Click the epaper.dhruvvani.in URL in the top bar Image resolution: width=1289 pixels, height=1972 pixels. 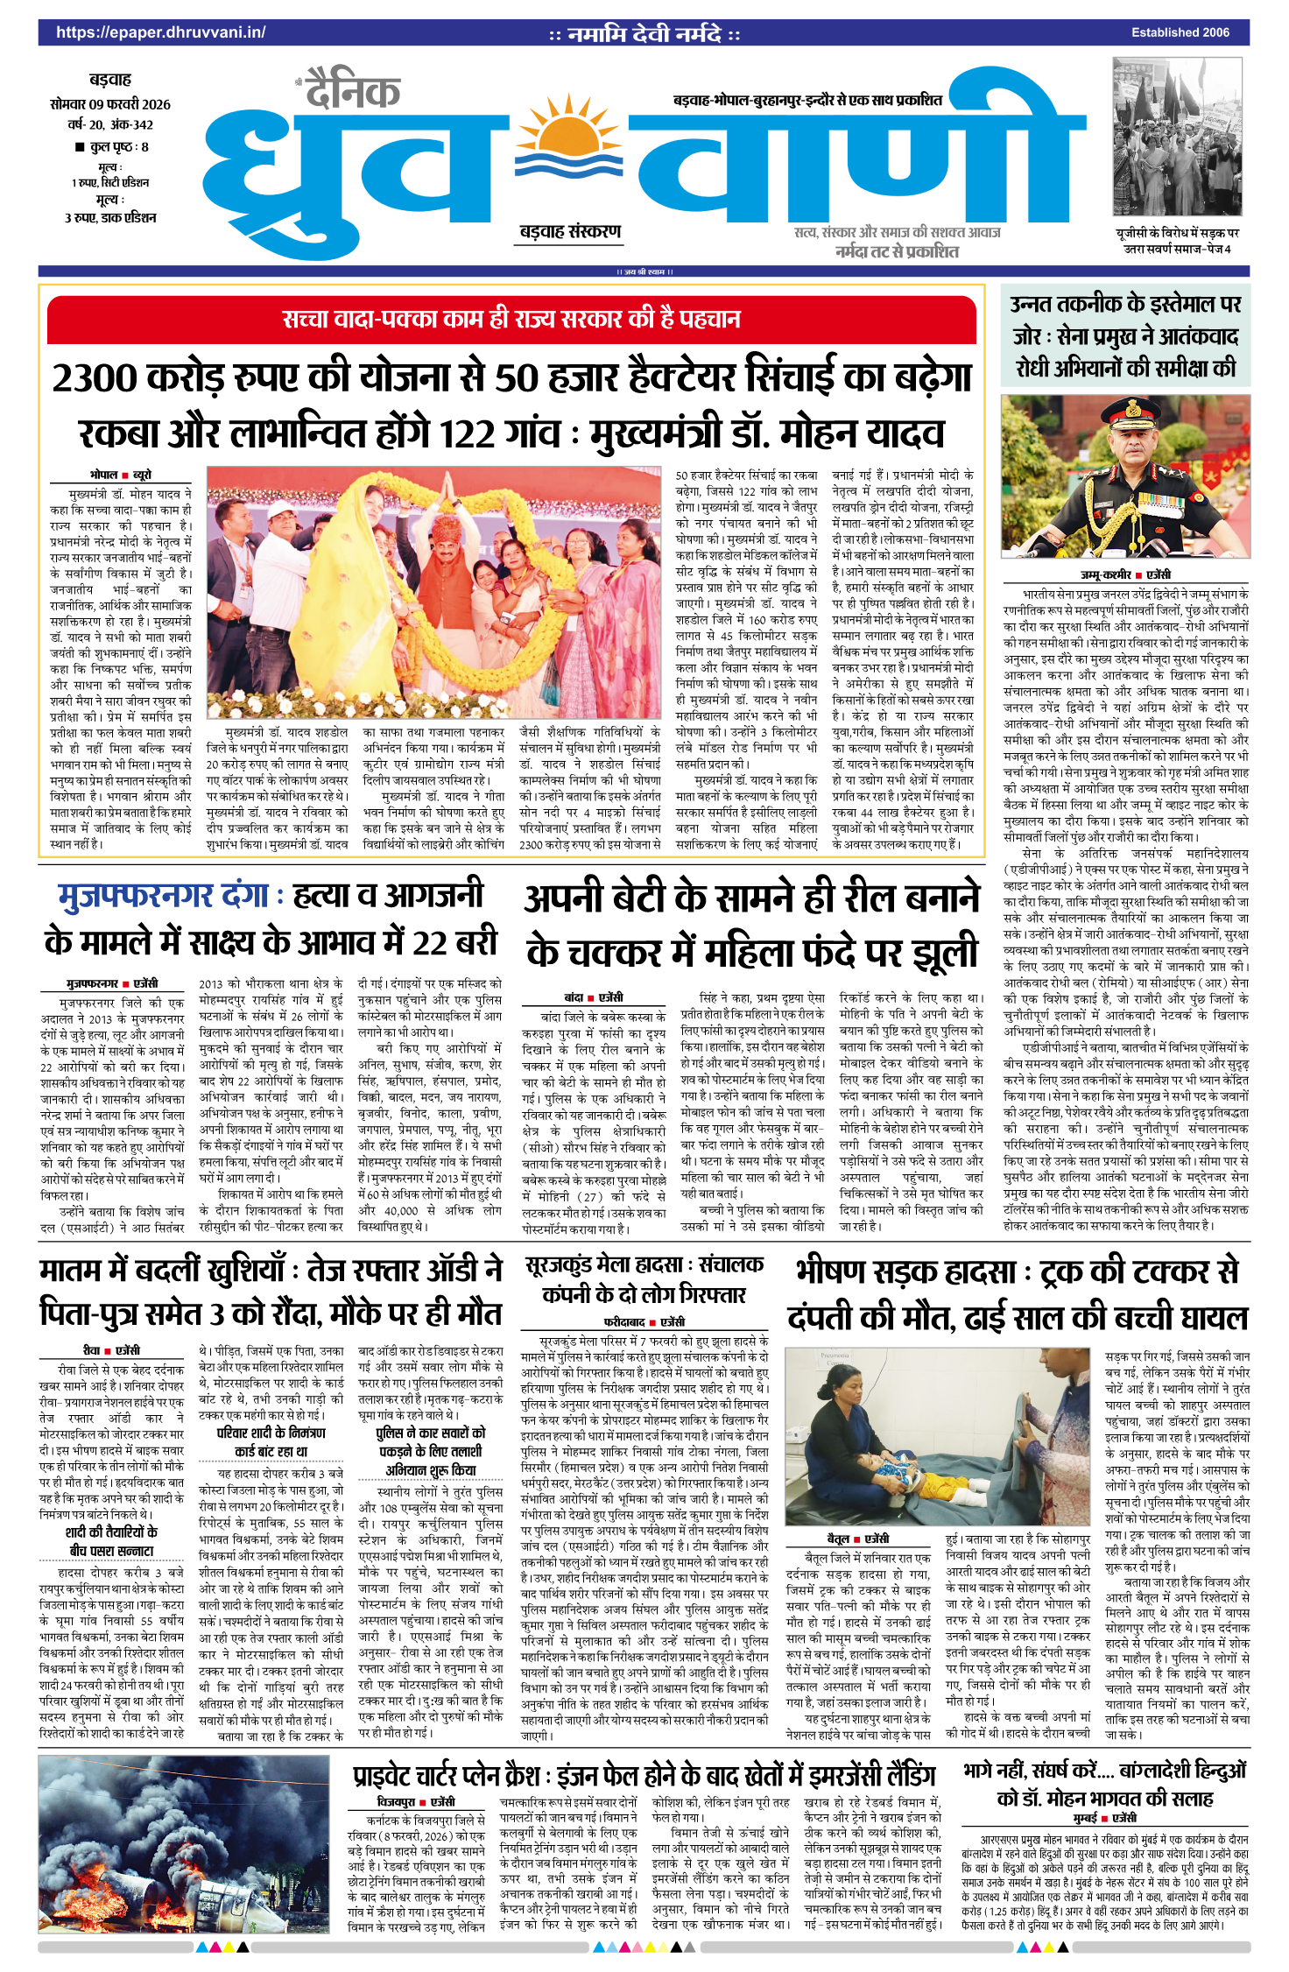click(x=160, y=32)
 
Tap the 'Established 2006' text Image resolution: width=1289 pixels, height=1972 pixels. click(x=1180, y=32)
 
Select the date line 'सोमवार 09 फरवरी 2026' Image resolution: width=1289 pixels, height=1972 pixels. click(x=110, y=104)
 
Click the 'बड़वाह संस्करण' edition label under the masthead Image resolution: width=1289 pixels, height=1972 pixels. click(x=570, y=232)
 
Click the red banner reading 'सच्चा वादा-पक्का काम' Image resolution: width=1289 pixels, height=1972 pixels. click(x=511, y=320)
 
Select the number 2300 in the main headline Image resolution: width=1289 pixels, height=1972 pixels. click(x=95, y=378)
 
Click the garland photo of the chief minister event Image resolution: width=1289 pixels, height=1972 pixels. click(x=433, y=592)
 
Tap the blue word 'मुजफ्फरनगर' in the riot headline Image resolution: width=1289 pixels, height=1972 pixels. click(x=135, y=895)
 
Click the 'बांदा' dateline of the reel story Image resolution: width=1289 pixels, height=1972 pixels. click(x=574, y=997)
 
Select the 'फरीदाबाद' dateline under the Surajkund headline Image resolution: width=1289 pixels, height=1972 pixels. click(x=624, y=1322)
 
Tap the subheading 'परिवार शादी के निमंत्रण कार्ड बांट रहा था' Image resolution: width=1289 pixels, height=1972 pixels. click(x=271, y=1441)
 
